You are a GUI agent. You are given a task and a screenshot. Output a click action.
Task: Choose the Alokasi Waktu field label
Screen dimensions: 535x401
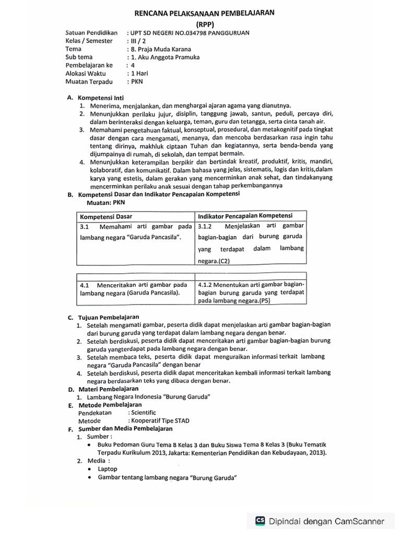pos(87,74)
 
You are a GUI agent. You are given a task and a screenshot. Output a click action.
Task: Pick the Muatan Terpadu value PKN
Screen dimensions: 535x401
pos(137,82)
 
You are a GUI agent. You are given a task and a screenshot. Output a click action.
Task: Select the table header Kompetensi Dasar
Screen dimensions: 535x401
pos(107,216)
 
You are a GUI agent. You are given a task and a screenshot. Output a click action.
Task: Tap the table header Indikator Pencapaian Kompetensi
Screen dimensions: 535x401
pos(245,215)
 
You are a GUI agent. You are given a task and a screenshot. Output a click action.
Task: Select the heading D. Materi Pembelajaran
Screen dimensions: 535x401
pos(103,389)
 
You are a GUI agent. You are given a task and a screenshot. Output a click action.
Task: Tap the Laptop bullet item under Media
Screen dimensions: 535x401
pos(108,469)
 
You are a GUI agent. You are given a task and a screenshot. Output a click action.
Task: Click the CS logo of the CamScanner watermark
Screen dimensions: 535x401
pos(260,520)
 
